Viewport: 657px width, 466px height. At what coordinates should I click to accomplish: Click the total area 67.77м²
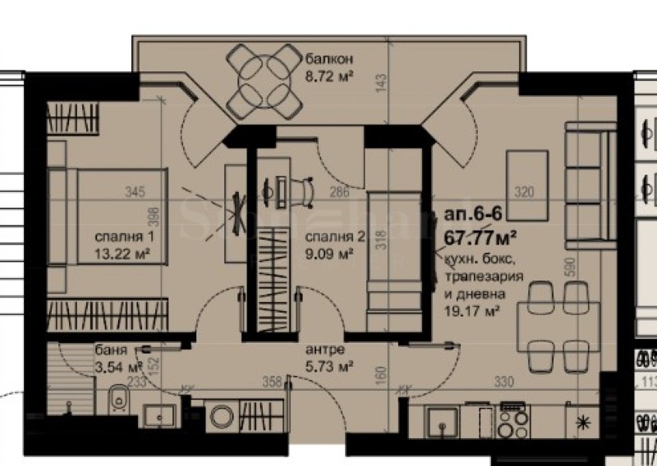[x=480, y=238]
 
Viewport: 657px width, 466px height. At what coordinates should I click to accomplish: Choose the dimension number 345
[x=135, y=193]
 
